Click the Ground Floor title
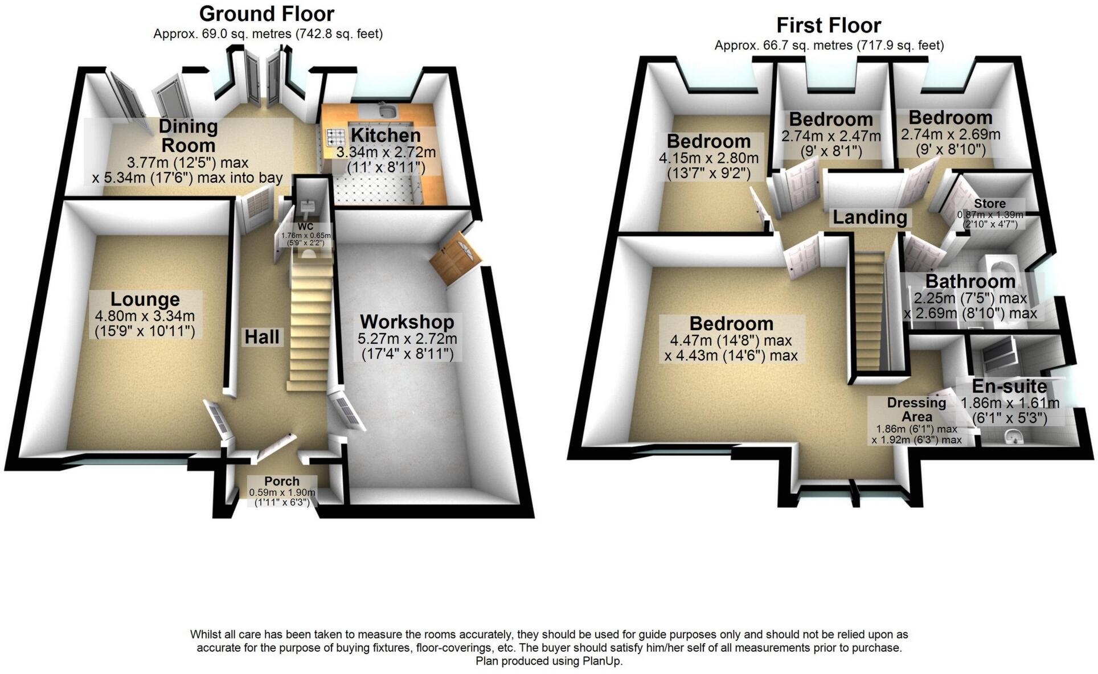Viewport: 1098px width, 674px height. pyautogui.click(x=267, y=13)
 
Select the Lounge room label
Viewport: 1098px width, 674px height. pyautogui.click(x=145, y=299)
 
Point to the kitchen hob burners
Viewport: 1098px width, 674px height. pyautogui.click(x=335, y=137)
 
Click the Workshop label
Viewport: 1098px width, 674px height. pyautogui.click(x=407, y=322)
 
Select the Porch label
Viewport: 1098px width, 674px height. pyautogui.click(x=281, y=481)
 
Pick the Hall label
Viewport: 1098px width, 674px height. pyautogui.click(x=261, y=337)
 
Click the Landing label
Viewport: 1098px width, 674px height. pyautogui.click(x=869, y=217)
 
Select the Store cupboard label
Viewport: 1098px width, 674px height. pyautogui.click(x=989, y=203)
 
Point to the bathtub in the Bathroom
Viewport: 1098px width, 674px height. pyautogui.click(x=1005, y=296)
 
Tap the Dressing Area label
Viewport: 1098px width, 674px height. pyautogui.click(x=916, y=409)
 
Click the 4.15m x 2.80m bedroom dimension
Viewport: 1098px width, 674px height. pyautogui.click(x=708, y=158)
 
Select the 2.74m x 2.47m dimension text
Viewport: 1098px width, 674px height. pyautogui.click(x=830, y=137)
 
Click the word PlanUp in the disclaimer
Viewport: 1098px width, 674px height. pyautogui.click(x=601, y=661)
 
